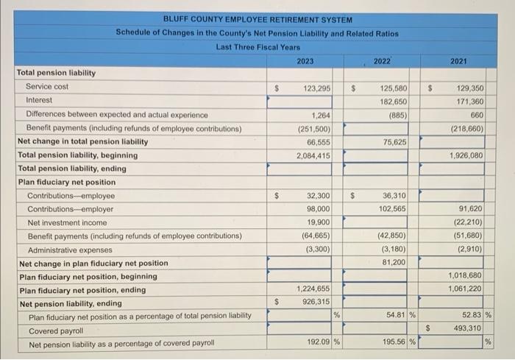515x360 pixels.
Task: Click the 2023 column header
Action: (x=305, y=60)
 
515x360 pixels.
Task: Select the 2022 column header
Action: (x=382, y=60)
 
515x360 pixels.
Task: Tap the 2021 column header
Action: (x=458, y=60)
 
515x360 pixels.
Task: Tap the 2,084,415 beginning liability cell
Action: (x=313, y=155)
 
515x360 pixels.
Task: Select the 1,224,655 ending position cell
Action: (x=313, y=289)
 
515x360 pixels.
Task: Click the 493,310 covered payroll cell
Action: (x=468, y=328)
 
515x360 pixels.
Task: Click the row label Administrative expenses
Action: (x=65, y=250)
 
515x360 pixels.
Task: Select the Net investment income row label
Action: (x=67, y=222)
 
